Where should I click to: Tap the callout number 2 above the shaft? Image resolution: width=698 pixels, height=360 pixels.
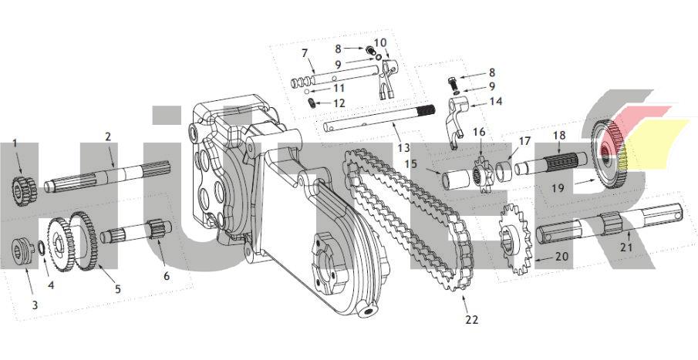click(108, 136)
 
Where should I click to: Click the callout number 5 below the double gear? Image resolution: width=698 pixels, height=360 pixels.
click(118, 288)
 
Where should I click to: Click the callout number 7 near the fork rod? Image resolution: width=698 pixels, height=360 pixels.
click(304, 53)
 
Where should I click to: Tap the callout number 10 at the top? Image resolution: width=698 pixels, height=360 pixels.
click(380, 42)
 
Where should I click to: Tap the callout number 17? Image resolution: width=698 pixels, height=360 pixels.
click(524, 141)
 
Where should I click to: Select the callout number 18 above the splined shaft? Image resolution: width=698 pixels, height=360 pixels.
click(559, 136)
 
